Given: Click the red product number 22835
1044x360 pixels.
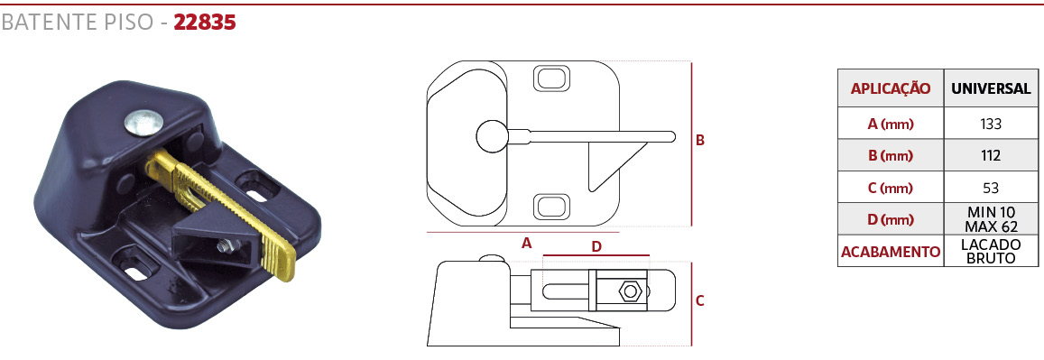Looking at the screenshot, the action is pyautogui.click(x=205, y=23).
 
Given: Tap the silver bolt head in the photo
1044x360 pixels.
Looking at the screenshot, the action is pyautogui.click(x=143, y=123).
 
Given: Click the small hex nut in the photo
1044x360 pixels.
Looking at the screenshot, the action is pyautogui.click(x=225, y=246).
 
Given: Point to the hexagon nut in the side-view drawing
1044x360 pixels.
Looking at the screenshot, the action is pyautogui.click(x=629, y=291).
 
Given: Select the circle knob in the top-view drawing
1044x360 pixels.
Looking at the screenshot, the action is pyautogui.click(x=492, y=136).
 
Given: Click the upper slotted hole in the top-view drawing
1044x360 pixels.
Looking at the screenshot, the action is pyautogui.click(x=552, y=78).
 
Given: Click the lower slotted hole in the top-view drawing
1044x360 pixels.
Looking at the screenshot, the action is pyautogui.click(x=552, y=207).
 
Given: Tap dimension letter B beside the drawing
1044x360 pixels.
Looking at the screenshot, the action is pyautogui.click(x=700, y=141).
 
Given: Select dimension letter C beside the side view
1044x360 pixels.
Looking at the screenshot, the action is pyautogui.click(x=700, y=300).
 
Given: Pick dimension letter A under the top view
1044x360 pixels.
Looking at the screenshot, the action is pyautogui.click(x=527, y=244).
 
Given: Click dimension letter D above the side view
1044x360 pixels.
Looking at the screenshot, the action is pyautogui.click(x=596, y=247).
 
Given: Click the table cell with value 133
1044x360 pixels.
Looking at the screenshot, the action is pyautogui.click(x=991, y=123).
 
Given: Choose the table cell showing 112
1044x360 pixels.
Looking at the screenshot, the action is pyautogui.click(x=991, y=156).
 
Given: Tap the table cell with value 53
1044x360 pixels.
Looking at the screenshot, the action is pyautogui.click(x=991, y=188).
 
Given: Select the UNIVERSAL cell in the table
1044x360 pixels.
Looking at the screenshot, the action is pyautogui.click(x=991, y=88).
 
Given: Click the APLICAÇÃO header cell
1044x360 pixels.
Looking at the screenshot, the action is pyautogui.click(x=891, y=88).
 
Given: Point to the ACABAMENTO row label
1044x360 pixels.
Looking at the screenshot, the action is pyautogui.click(x=891, y=252).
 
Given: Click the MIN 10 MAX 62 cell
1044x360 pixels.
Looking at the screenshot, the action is pyautogui.click(x=991, y=219).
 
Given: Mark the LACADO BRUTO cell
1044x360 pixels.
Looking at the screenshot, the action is pyautogui.click(x=991, y=252).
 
